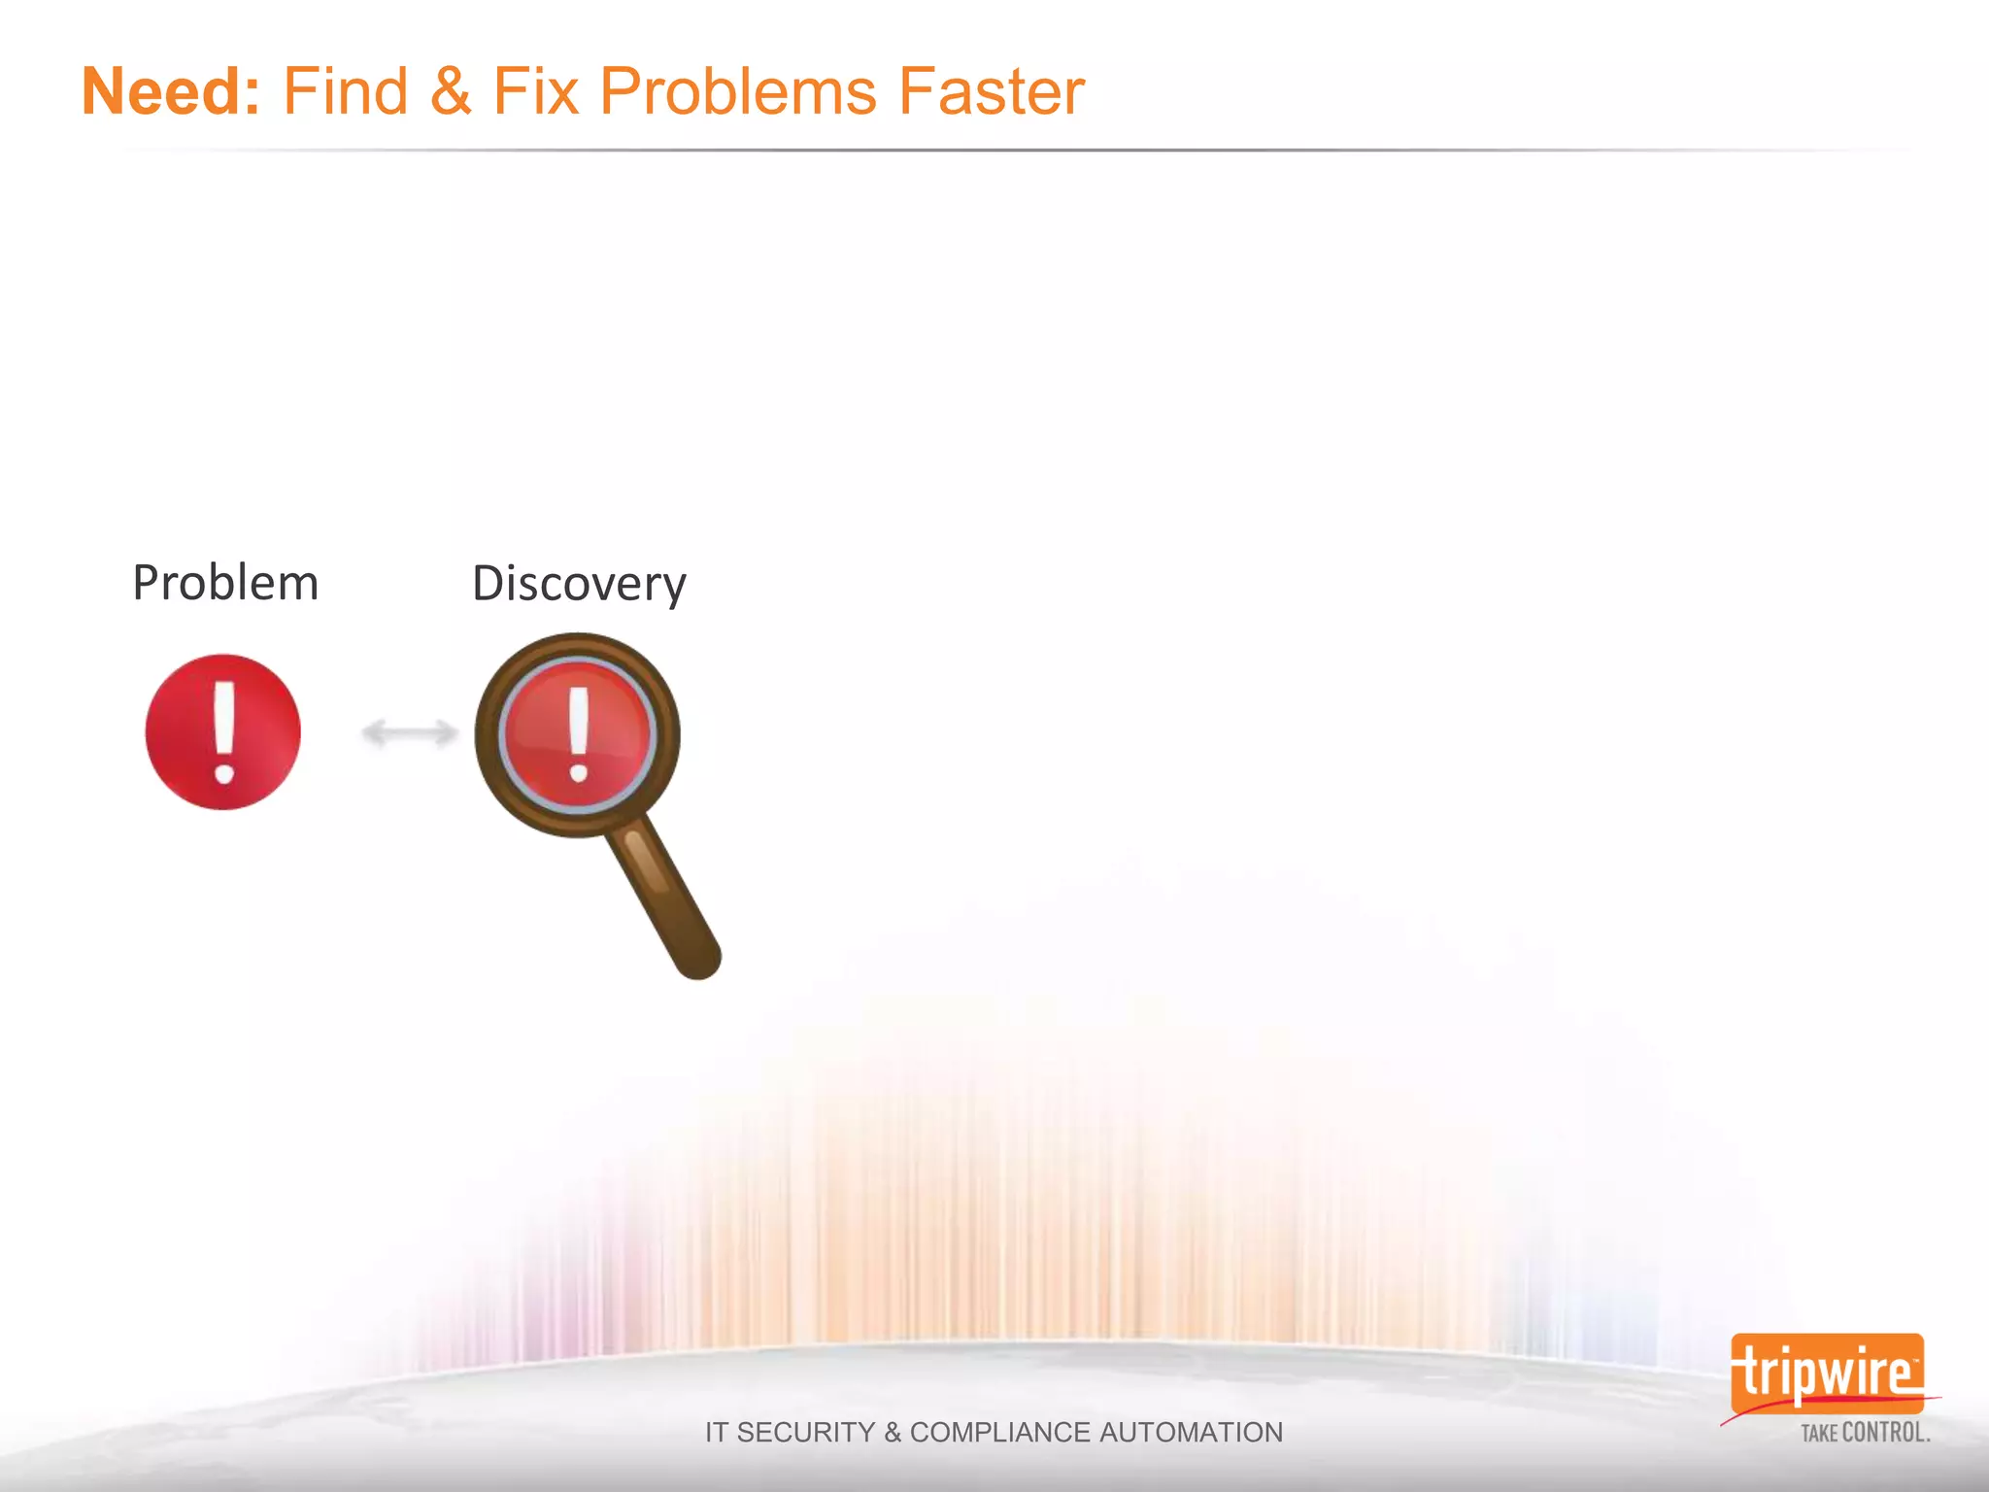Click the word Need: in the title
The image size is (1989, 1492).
tap(171, 92)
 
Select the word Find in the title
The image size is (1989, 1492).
tap(345, 92)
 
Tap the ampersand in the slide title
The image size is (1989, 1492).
tap(450, 92)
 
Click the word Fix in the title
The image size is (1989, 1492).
tap(536, 92)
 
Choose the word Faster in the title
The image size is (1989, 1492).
tap(991, 92)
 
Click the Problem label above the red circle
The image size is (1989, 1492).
tap(225, 584)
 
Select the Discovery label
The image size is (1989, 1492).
tap(579, 585)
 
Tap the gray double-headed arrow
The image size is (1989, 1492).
tap(409, 732)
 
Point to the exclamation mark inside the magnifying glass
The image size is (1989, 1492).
tap(579, 734)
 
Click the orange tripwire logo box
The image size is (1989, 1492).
tap(1826, 1373)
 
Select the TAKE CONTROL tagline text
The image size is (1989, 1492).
tap(1865, 1433)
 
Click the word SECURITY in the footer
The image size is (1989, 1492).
tap(805, 1433)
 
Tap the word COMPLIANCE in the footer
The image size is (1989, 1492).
tap(999, 1433)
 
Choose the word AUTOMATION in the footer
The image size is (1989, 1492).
tap(1191, 1433)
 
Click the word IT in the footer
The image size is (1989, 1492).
tap(717, 1433)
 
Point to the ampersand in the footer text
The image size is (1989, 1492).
tap(893, 1433)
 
